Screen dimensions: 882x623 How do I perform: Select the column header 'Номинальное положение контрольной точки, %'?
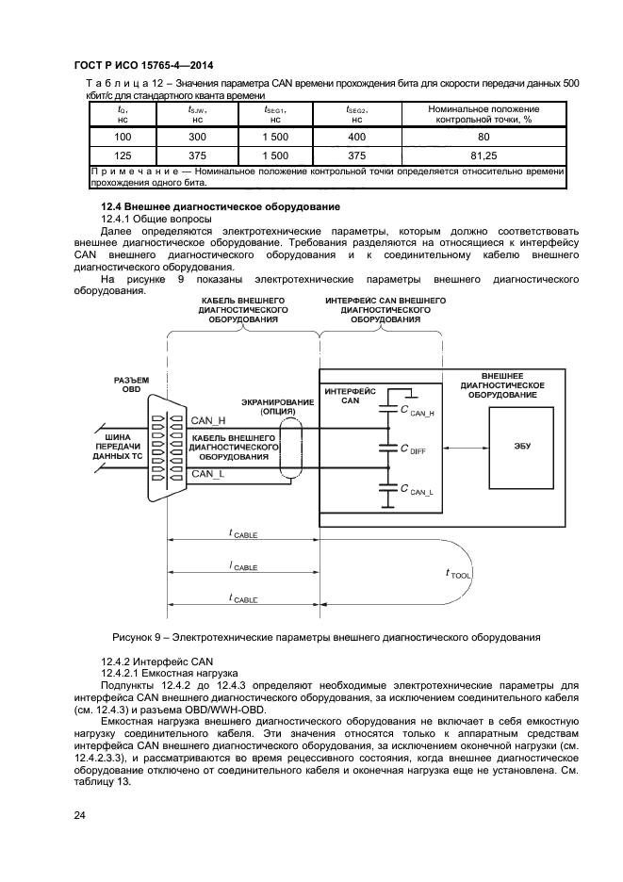point(484,114)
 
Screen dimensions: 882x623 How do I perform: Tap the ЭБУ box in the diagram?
point(522,446)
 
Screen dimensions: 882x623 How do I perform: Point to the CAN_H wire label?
point(208,420)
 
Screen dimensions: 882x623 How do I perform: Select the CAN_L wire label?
point(208,473)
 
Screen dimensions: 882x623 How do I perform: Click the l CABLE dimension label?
point(243,566)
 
